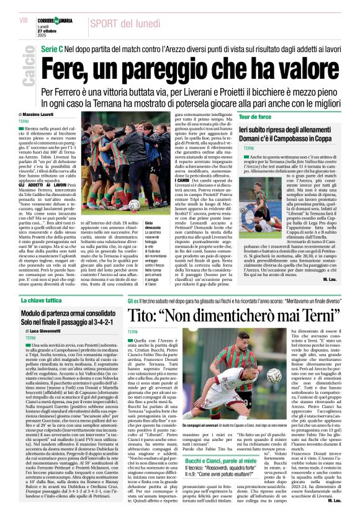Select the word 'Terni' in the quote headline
(300, 315)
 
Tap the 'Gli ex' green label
(133, 300)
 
